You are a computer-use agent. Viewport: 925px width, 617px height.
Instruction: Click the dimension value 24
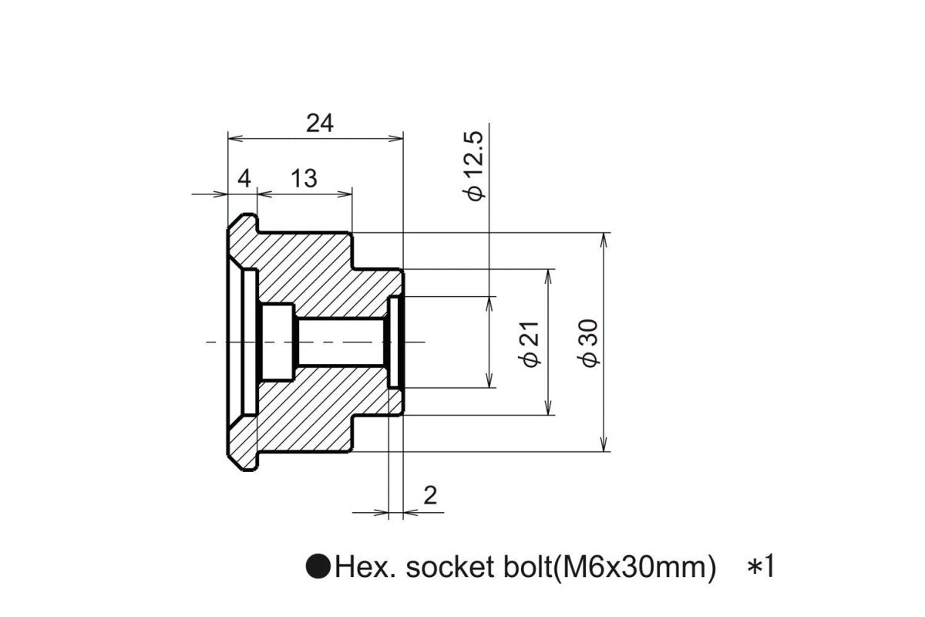pyautogui.click(x=320, y=123)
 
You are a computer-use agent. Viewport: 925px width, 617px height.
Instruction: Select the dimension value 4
pyautogui.click(x=244, y=179)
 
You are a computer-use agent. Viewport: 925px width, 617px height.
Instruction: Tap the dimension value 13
pyautogui.click(x=304, y=179)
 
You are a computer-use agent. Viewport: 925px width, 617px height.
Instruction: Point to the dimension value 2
pyautogui.click(x=430, y=495)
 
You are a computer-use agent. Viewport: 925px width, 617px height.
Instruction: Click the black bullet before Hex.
pyautogui.click(x=318, y=568)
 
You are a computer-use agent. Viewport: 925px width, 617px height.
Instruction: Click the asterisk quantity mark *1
pyautogui.click(x=760, y=568)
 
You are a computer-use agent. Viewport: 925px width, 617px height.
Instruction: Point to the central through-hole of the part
pyautogui.click(x=339, y=341)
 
